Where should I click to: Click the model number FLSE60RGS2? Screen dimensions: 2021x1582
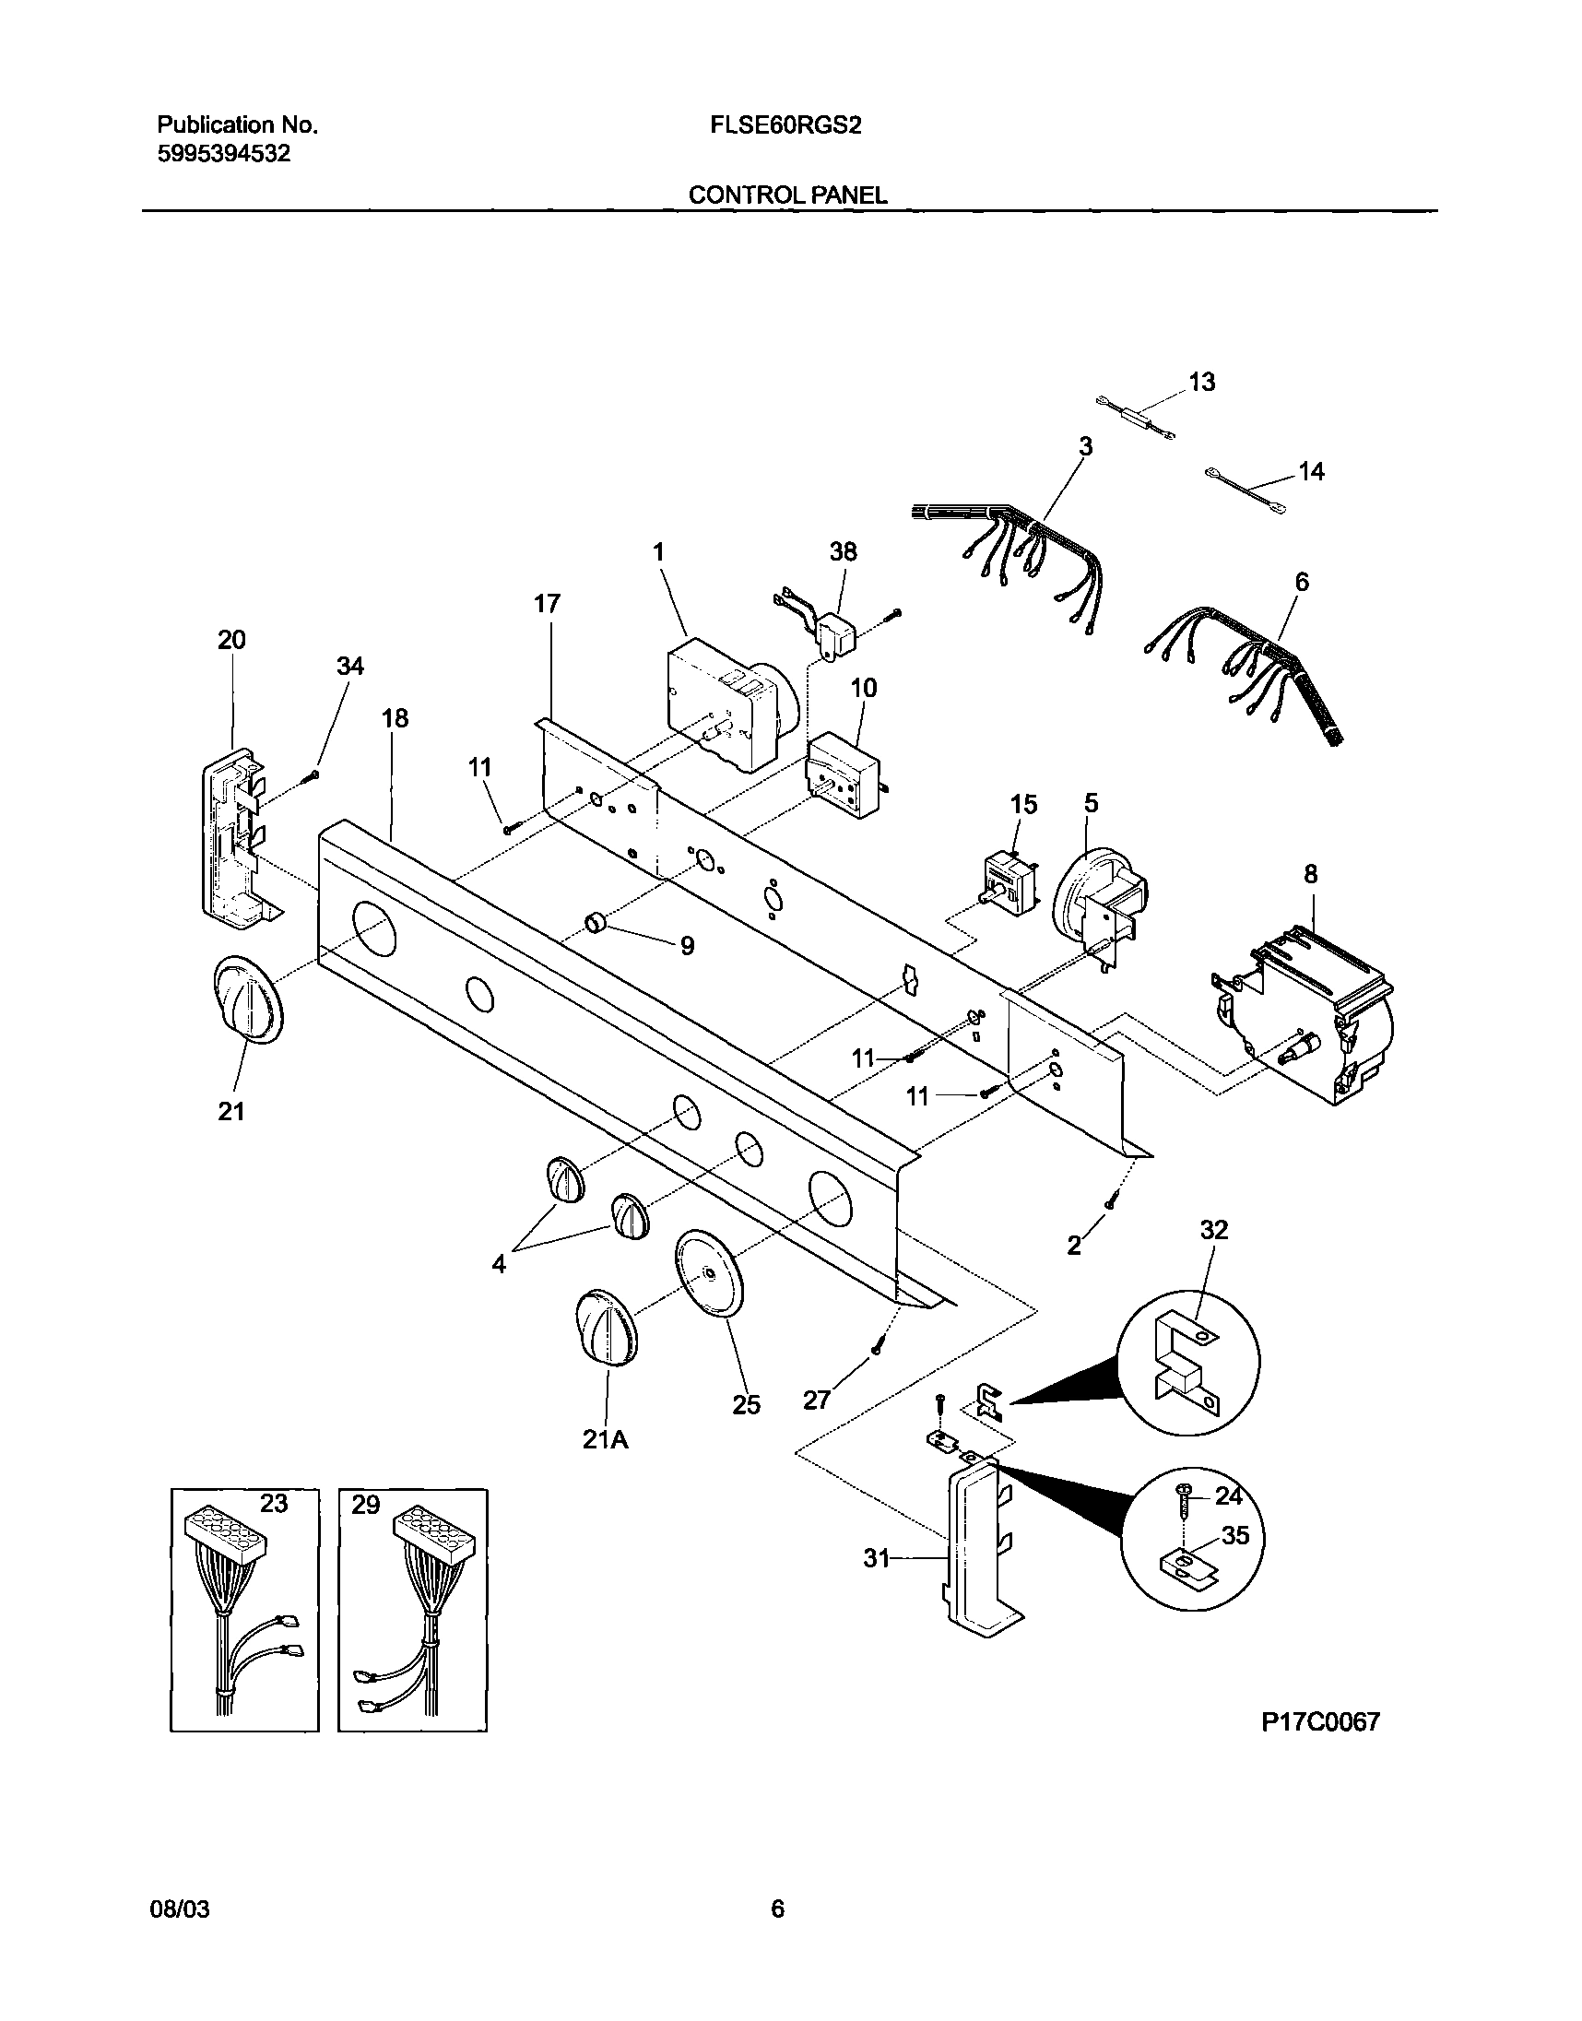pyautogui.click(x=785, y=126)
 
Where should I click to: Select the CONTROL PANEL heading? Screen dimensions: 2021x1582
pyautogui.click(x=787, y=195)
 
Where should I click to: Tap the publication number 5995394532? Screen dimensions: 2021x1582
pyautogui.click(x=223, y=154)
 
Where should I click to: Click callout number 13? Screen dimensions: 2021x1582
pyautogui.click(x=1201, y=382)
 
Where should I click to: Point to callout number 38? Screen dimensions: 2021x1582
pyautogui.click(x=843, y=552)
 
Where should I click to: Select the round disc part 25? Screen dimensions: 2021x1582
pyautogui.click(x=710, y=1275)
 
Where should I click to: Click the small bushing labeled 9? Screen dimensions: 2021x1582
pyautogui.click(x=596, y=923)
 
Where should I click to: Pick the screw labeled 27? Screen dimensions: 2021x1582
pyautogui.click(x=876, y=1349)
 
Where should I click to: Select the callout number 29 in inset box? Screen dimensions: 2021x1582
pyautogui.click(x=365, y=1505)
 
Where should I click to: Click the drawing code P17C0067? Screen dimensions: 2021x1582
pyautogui.click(x=1320, y=1721)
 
